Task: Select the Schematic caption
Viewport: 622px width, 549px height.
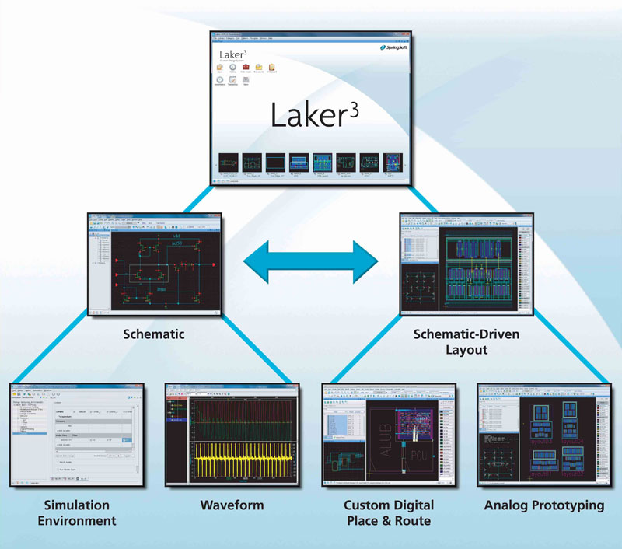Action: pos(155,335)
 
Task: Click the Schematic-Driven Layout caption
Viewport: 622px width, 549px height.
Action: pos(466,342)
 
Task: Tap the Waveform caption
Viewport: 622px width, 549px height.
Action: pos(232,505)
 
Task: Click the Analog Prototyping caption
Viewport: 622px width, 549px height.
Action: pos(543,505)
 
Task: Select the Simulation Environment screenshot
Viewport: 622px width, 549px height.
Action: pos(77,435)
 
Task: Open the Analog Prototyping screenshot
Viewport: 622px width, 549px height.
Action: pos(543,435)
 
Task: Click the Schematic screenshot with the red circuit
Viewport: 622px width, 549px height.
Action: pos(155,264)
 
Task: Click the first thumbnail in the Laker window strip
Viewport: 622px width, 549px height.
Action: pos(228,164)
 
